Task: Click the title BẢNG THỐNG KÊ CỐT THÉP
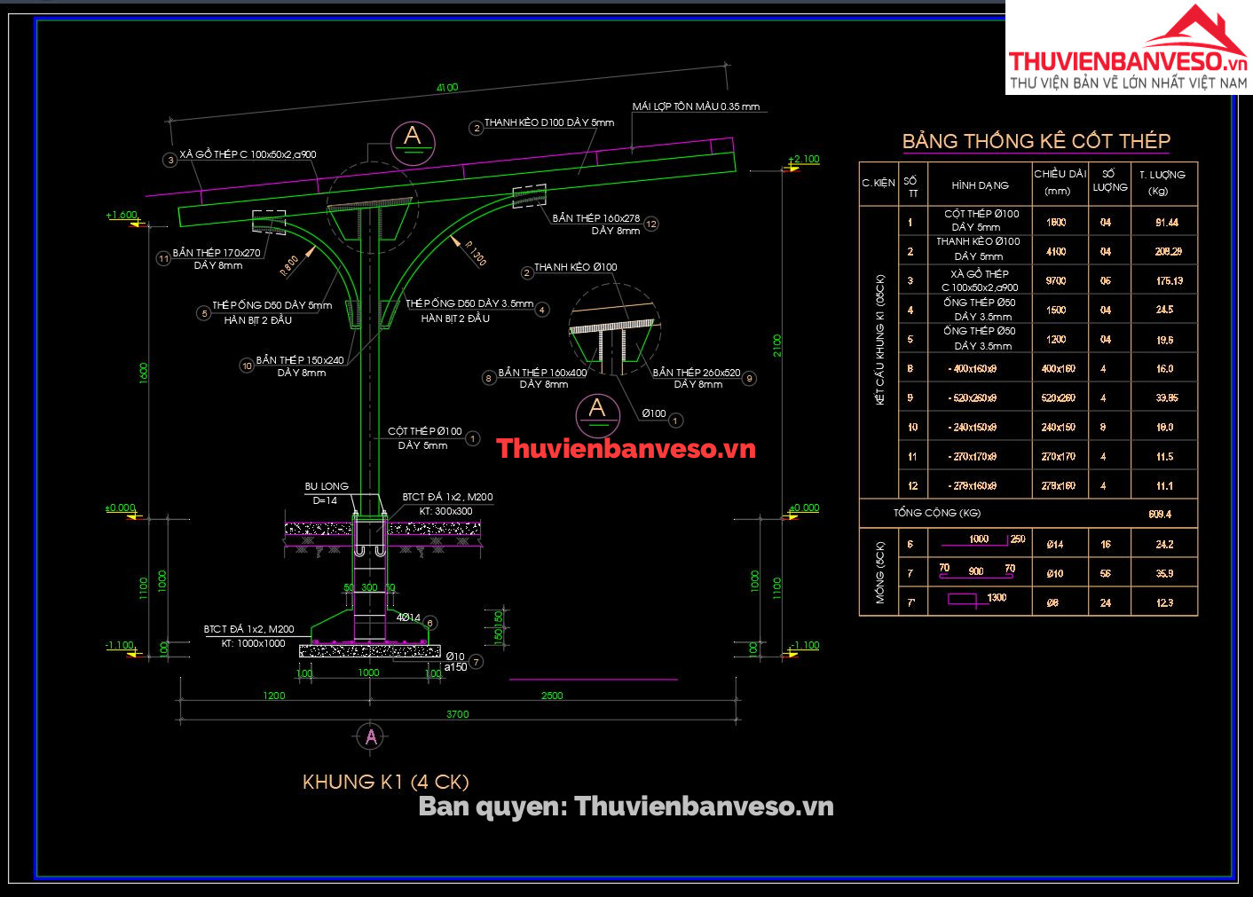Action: coord(1036,141)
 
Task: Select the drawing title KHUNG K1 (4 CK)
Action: coord(385,782)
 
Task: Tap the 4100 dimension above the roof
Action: coord(447,88)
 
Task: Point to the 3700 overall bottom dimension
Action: coord(457,714)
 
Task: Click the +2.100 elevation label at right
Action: coord(804,160)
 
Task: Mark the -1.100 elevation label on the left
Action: coord(120,646)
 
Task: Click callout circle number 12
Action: coord(651,224)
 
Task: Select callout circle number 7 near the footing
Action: coord(477,662)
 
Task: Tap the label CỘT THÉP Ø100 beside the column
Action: coord(424,432)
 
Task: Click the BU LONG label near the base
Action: coord(327,486)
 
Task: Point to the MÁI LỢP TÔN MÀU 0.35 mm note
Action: coord(696,106)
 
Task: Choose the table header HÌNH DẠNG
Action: coord(980,185)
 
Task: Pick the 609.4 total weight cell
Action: coord(1159,514)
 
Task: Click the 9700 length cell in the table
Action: coord(1056,281)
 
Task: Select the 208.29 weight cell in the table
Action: coord(1168,252)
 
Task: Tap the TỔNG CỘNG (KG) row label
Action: coord(937,513)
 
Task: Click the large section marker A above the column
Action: coord(413,138)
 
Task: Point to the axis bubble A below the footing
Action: coord(370,736)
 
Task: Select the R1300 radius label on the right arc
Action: coord(475,253)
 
